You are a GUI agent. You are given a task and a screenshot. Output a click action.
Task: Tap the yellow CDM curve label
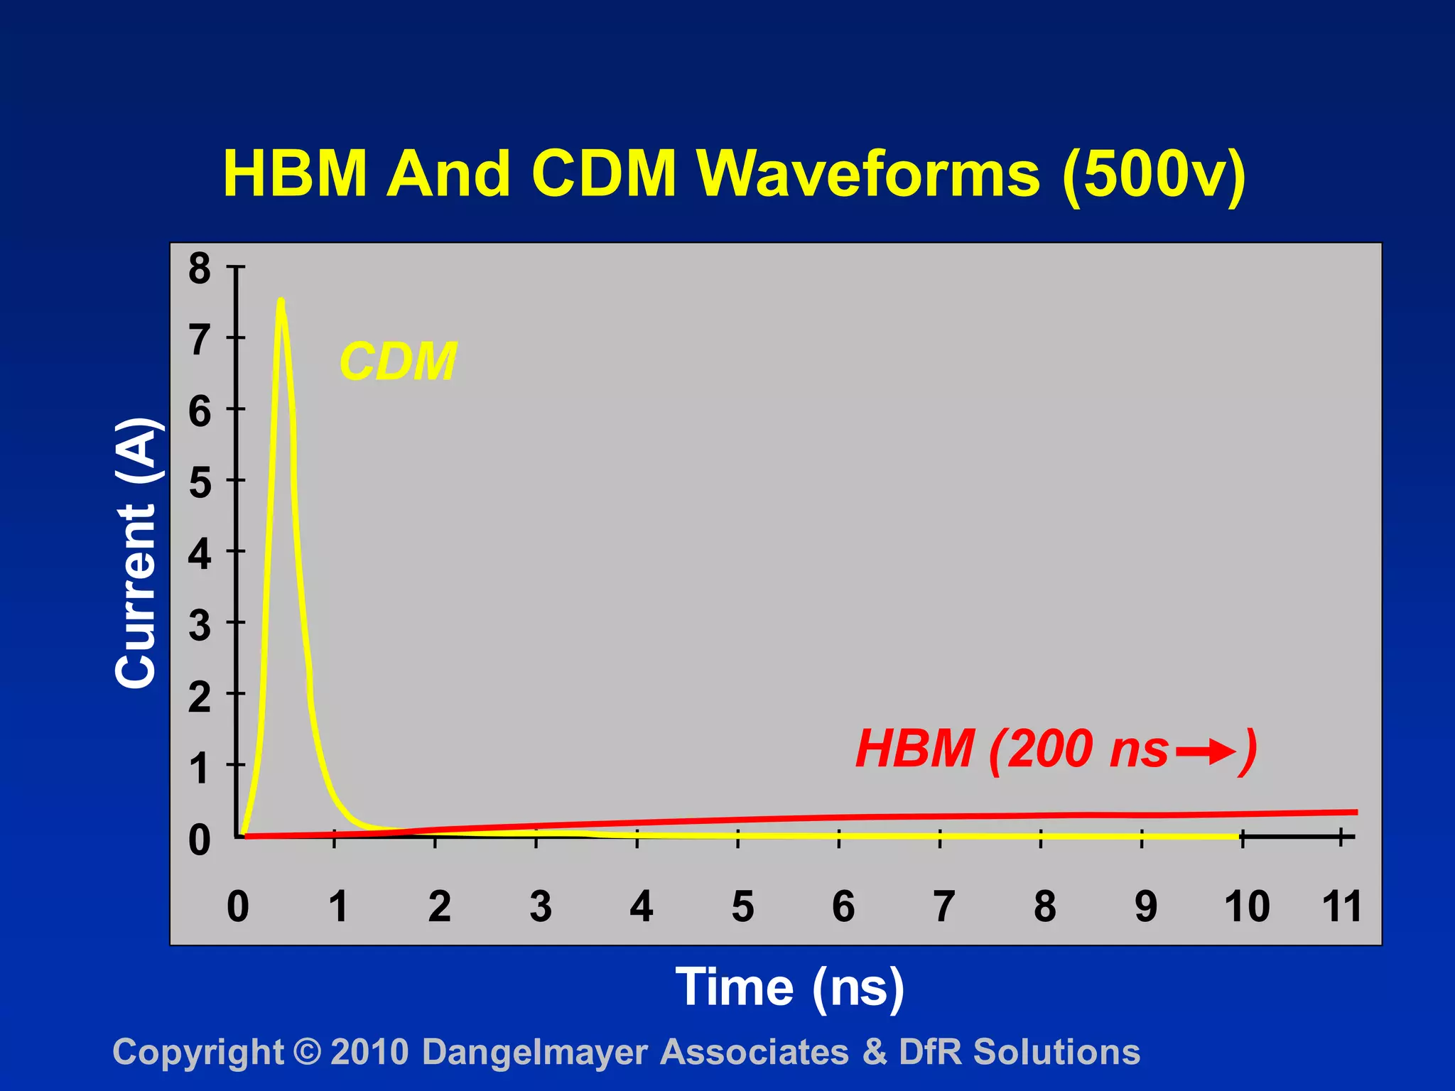point(398,362)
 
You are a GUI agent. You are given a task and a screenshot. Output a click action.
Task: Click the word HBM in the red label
point(914,749)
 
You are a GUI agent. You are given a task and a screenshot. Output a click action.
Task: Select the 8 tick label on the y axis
point(200,268)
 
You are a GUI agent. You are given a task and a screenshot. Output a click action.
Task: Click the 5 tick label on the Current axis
point(200,483)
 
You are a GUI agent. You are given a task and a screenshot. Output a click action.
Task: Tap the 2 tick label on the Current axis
point(200,698)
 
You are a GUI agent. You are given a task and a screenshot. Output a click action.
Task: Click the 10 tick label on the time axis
point(1247,906)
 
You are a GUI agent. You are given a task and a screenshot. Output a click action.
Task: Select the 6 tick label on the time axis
point(843,906)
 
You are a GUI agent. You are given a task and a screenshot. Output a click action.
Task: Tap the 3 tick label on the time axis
point(541,906)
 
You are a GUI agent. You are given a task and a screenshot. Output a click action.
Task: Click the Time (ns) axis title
point(789,987)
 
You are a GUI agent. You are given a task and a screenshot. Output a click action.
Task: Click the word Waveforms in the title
point(868,174)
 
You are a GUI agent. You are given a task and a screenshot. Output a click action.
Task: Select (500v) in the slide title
point(1154,175)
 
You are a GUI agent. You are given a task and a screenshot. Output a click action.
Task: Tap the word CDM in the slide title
point(604,174)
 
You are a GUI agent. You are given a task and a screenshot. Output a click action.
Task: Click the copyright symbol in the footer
point(307,1052)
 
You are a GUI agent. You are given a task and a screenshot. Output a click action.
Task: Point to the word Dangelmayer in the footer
point(535,1053)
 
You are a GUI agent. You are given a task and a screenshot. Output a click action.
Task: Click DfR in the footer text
point(930,1052)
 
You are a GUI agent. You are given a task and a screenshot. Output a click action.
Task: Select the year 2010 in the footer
point(369,1052)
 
